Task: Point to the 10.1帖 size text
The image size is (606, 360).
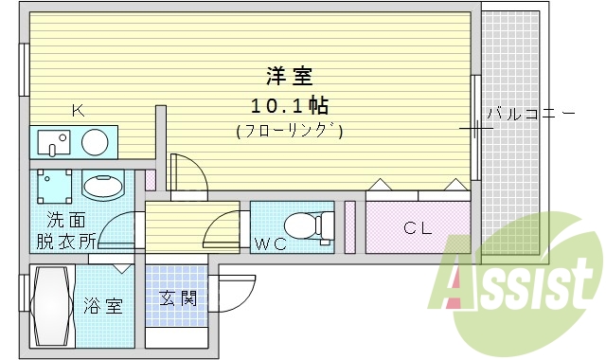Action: (x=289, y=103)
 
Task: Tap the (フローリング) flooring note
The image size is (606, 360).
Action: (x=289, y=131)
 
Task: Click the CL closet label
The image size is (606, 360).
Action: (x=418, y=227)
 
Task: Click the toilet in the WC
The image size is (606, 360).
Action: (x=308, y=225)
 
